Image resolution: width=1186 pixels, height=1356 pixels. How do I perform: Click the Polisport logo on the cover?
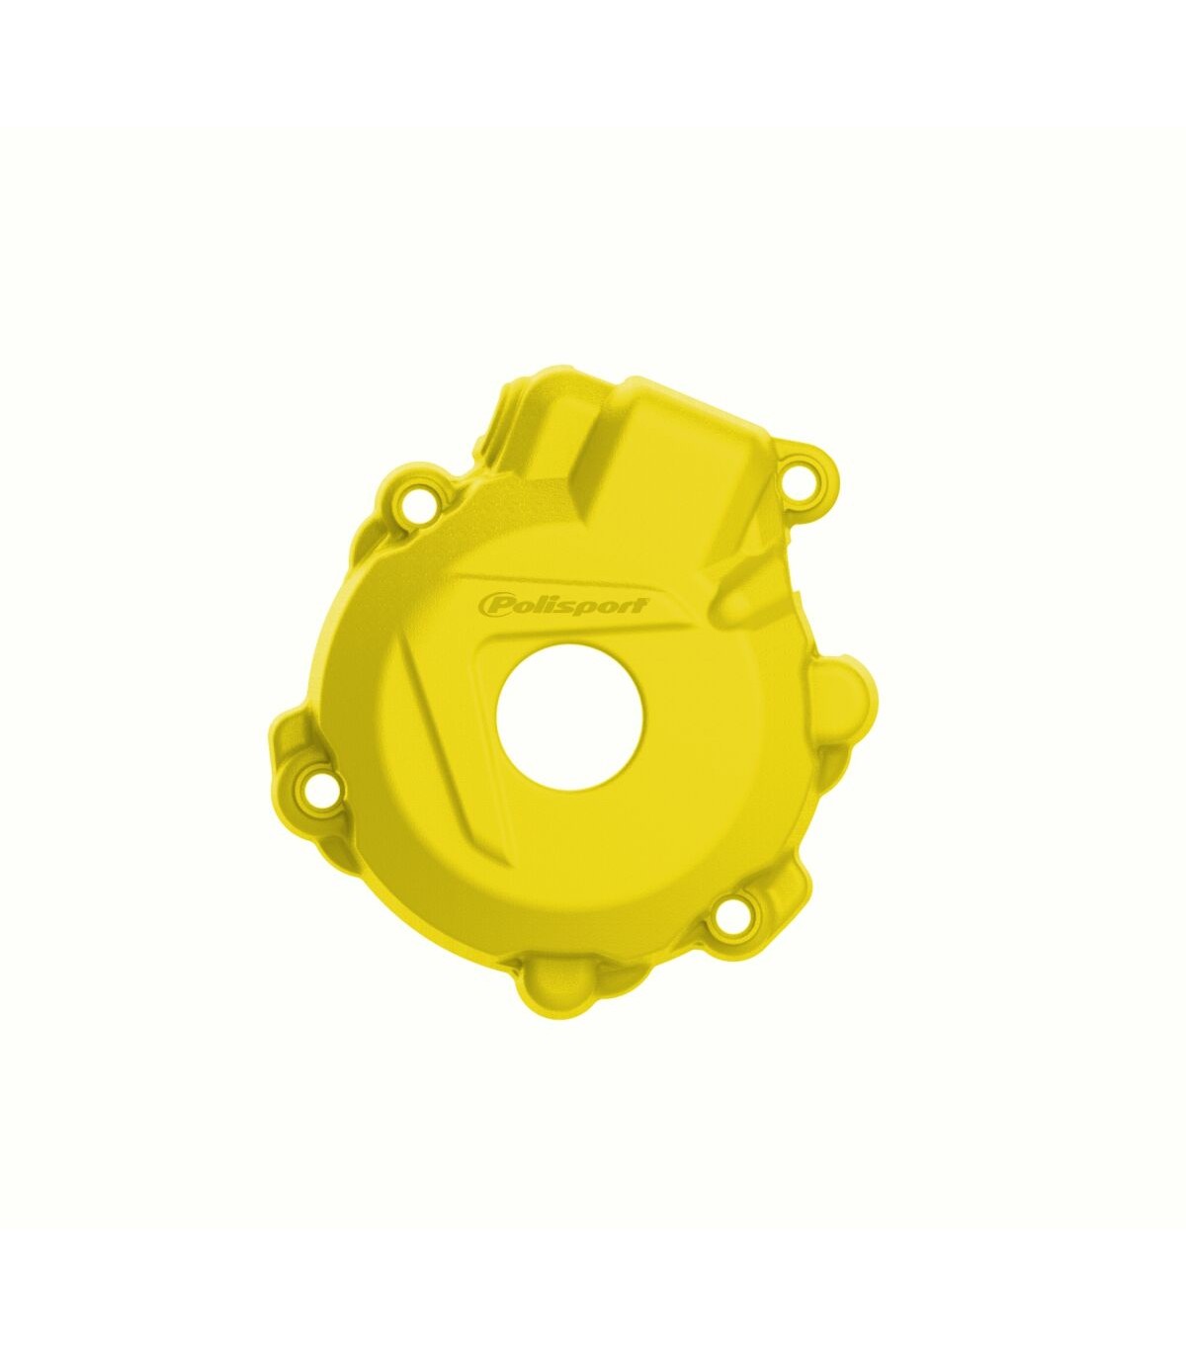tap(561, 605)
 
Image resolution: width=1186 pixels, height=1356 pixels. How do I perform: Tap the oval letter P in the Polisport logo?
tap(490, 605)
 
